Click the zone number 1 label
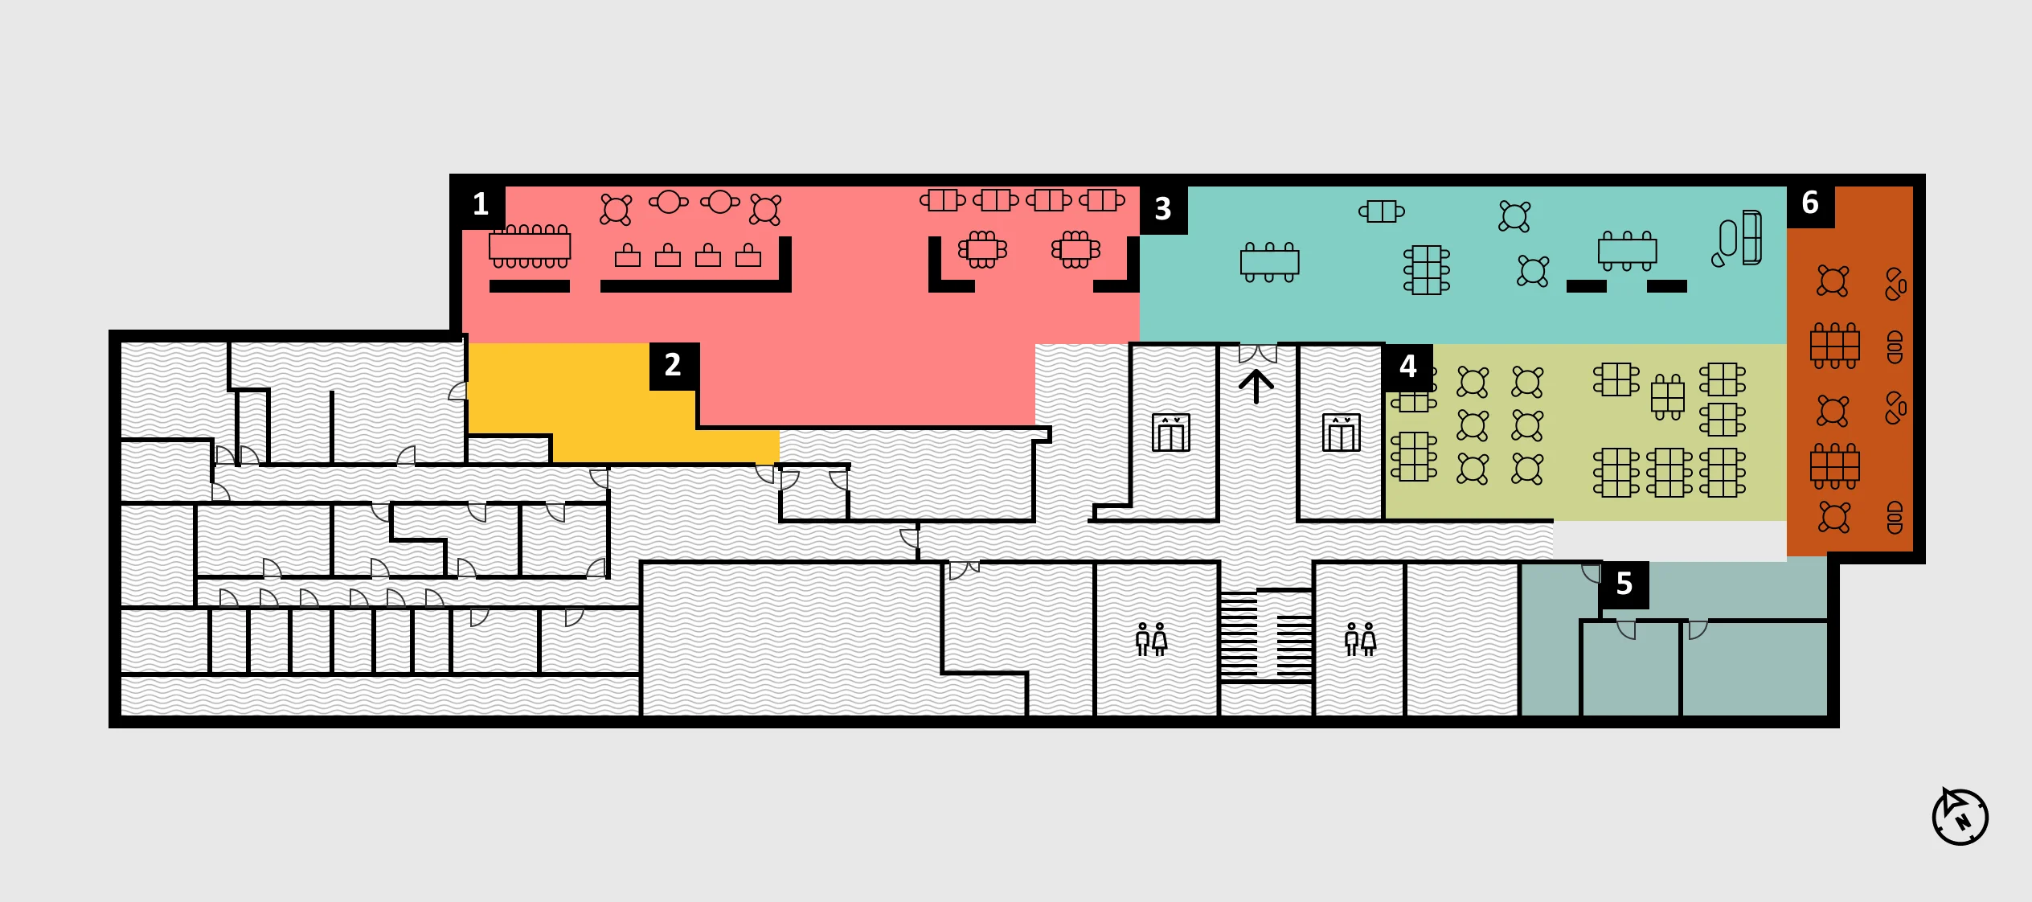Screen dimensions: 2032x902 click(x=481, y=205)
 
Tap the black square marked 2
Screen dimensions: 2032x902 click(x=674, y=366)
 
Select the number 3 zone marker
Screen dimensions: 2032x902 click(x=1163, y=210)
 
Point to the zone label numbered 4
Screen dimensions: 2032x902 click(x=1407, y=367)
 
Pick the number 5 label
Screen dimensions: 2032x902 click(x=1624, y=584)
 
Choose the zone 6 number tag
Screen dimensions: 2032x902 click(x=1810, y=203)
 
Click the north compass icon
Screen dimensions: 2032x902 click(x=1960, y=817)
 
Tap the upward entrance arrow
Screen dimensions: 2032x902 click(x=1256, y=386)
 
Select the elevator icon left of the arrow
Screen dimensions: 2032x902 click(x=1171, y=433)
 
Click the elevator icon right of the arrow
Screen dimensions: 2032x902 click(x=1342, y=433)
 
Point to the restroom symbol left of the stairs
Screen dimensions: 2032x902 click(x=1151, y=639)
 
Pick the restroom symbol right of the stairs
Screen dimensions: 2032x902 click(x=1360, y=639)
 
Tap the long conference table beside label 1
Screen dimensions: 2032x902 click(x=530, y=246)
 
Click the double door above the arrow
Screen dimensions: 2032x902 click(x=1258, y=353)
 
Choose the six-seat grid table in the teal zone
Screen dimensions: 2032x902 click(x=1427, y=270)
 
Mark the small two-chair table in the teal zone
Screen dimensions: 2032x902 click(x=1382, y=211)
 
